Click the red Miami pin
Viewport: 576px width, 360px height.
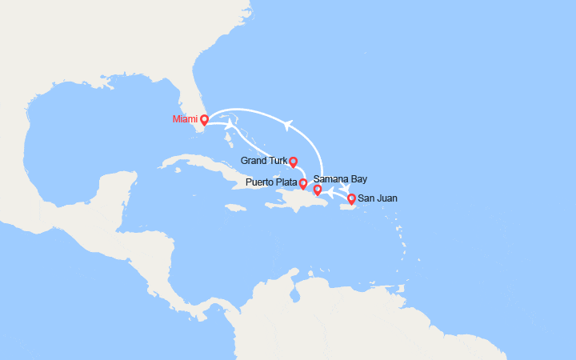[x=204, y=120]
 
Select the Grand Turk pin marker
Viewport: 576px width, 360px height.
[x=294, y=162]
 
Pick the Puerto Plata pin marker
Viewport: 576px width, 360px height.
[x=303, y=184]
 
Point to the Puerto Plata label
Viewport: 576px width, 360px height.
[x=272, y=183]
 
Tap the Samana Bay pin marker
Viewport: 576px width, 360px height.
[x=317, y=190]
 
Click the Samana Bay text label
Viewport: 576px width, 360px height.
[x=341, y=179]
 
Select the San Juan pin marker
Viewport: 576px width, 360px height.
[x=352, y=198]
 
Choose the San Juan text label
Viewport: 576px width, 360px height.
[x=378, y=198]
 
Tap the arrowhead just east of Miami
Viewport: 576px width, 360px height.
[x=230, y=125]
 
